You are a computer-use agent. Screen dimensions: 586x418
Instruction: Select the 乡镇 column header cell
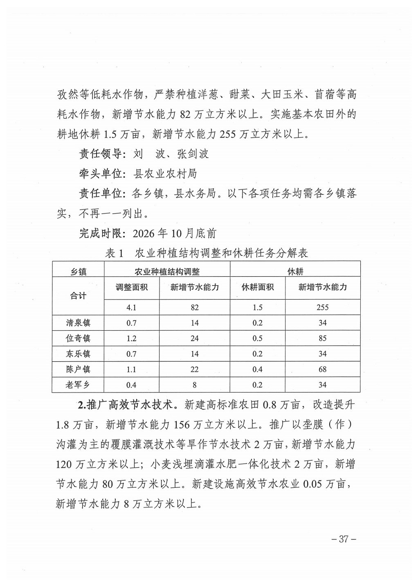click(x=78, y=271)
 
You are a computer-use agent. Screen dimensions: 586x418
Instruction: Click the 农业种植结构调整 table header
click(x=167, y=271)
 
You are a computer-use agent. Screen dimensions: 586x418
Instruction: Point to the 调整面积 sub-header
click(x=131, y=287)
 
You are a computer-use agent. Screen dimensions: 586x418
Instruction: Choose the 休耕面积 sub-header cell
click(x=257, y=287)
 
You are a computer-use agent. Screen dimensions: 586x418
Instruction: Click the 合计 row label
click(x=78, y=295)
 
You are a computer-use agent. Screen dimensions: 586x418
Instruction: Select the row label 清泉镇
click(x=78, y=323)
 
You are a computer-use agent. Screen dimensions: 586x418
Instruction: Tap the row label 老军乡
click(x=78, y=385)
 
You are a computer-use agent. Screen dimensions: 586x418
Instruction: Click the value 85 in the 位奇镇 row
click(x=322, y=338)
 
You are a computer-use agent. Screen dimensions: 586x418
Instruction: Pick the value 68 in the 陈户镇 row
click(x=322, y=369)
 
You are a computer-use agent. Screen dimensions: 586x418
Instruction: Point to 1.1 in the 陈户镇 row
click(x=131, y=369)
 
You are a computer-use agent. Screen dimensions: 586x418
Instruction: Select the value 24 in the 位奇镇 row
click(x=194, y=338)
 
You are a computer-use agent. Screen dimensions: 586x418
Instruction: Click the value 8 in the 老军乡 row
click(x=194, y=385)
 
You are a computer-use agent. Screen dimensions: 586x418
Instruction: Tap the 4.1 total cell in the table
click(x=131, y=307)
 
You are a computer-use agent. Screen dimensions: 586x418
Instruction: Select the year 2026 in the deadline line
click(x=144, y=234)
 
